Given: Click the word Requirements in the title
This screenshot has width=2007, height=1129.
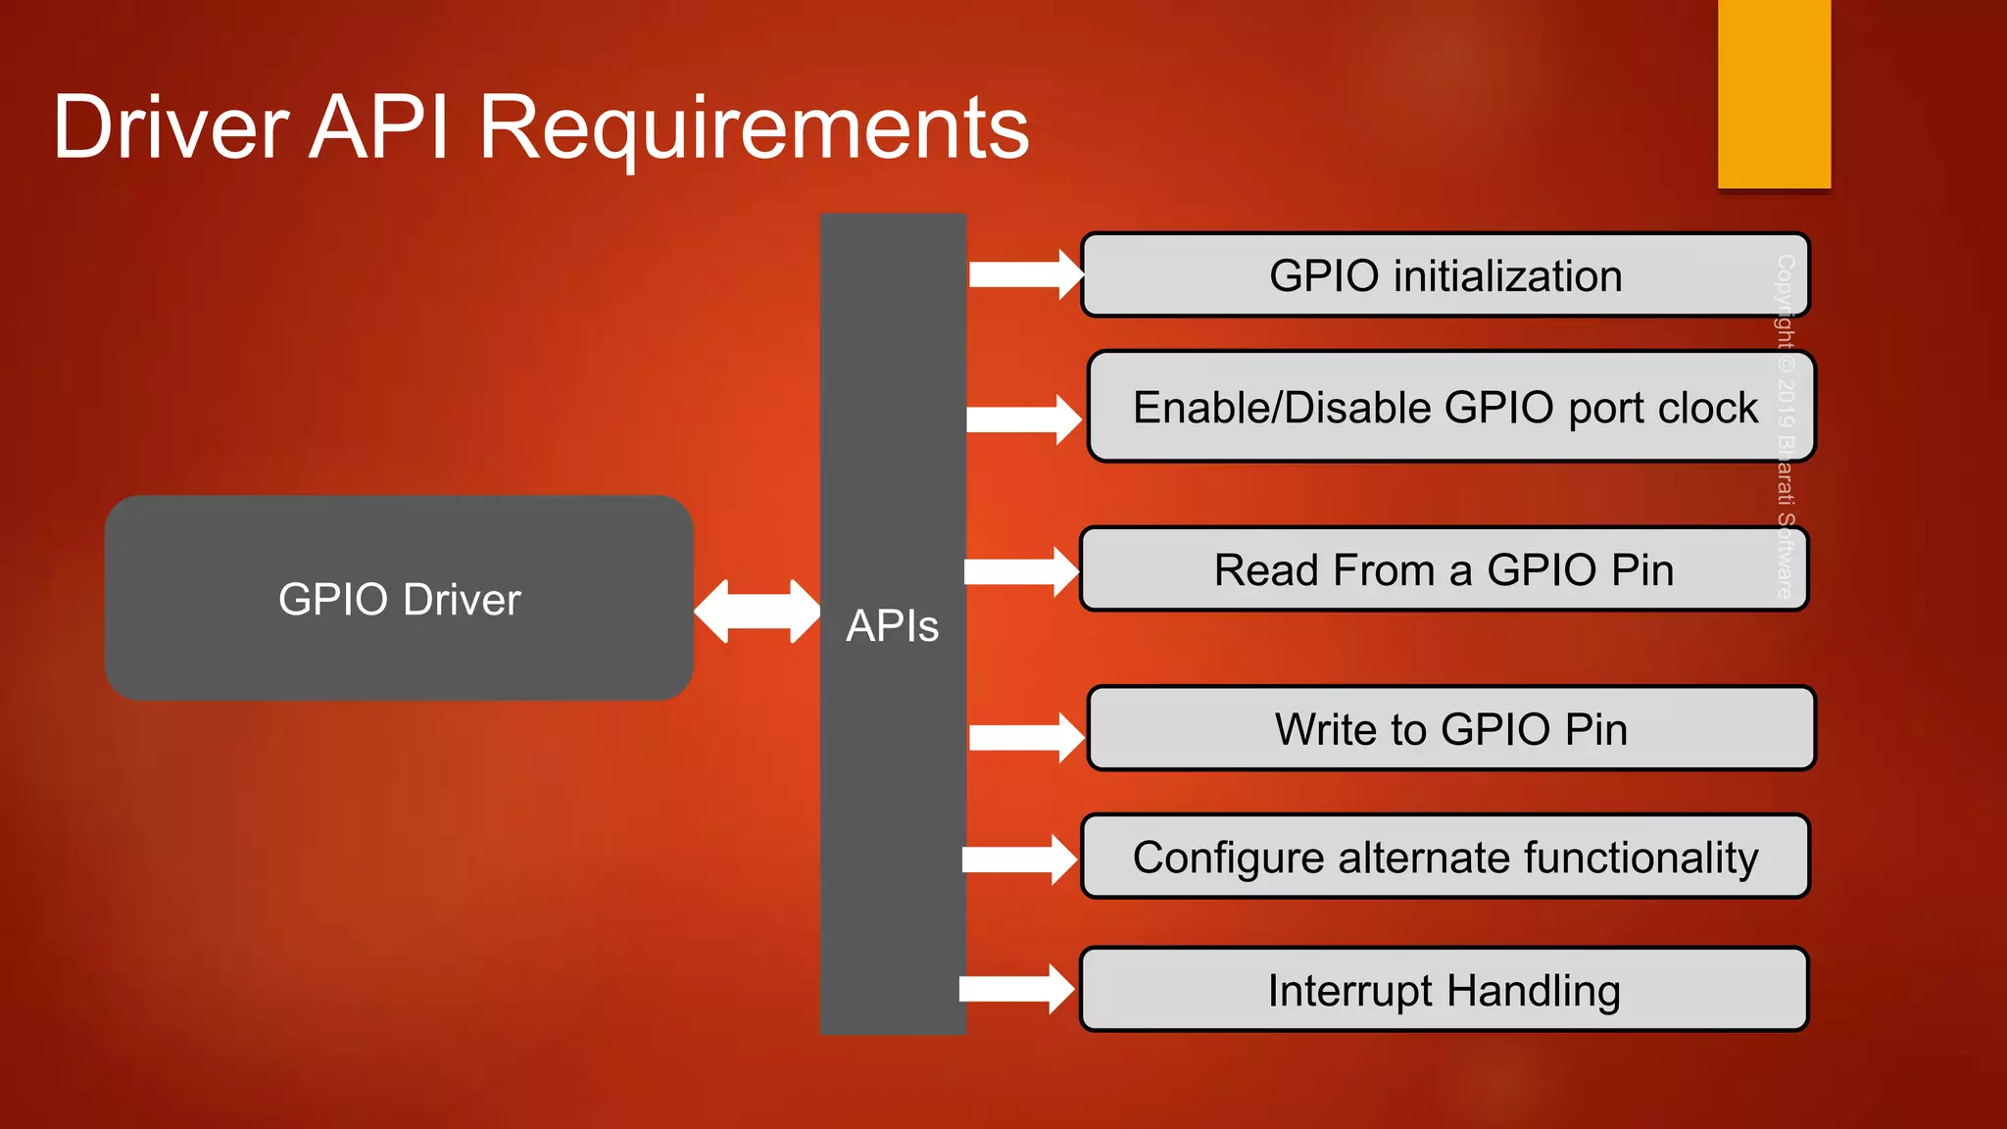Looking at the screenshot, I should click(754, 129).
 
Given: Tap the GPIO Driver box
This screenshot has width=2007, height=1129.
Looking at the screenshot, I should click(399, 598).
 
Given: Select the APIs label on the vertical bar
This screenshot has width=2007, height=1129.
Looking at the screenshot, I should click(892, 625).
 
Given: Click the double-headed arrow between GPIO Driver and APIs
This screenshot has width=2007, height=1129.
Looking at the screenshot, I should click(757, 612).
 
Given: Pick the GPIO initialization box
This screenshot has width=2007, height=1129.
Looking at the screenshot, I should click(1444, 275).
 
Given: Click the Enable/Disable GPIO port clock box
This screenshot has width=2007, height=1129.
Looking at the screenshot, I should click(1450, 407).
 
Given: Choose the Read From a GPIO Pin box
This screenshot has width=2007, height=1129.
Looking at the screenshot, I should click(1443, 569).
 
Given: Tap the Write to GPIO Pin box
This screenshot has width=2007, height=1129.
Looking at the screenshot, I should click(1450, 729).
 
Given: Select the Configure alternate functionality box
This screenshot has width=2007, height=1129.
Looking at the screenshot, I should click(1444, 858).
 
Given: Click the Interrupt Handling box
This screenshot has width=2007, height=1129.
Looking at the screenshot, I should click(1443, 990).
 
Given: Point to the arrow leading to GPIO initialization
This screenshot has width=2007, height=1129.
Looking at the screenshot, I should click(1024, 274).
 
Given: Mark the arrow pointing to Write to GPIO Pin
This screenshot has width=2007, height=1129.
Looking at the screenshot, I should click(1025, 737).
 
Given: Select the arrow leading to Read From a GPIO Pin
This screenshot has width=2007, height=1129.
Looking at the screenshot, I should click(1020, 571).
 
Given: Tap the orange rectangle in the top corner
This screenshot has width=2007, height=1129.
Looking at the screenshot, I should click(1774, 94).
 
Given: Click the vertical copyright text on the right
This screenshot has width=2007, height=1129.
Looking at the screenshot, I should click(1785, 426).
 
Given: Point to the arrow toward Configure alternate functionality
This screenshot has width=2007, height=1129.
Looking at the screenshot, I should click(1018, 859).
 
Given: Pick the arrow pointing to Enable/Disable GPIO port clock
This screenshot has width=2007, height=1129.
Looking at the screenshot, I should click(1022, 419).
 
